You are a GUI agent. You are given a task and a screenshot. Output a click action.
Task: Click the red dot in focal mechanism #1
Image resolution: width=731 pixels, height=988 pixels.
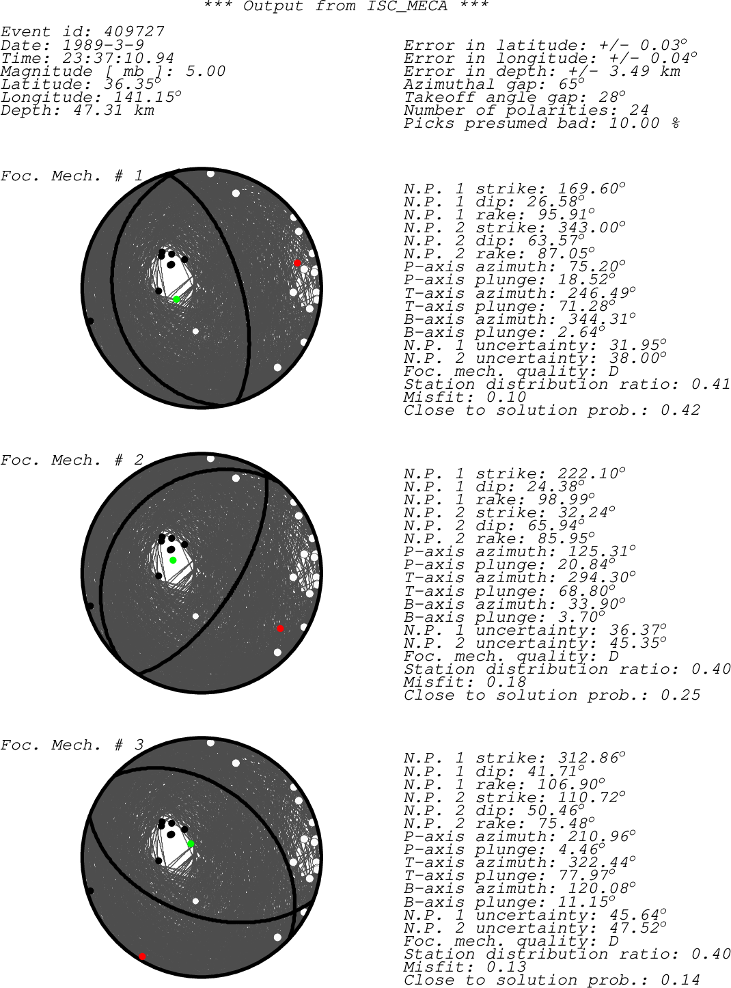298,263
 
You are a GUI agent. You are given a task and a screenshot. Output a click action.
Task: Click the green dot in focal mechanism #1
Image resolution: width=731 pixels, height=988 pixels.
176,299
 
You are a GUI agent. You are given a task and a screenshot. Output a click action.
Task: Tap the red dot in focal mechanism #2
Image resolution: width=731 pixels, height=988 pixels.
280,629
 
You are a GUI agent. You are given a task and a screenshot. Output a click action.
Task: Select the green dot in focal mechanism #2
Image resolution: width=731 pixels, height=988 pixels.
173,560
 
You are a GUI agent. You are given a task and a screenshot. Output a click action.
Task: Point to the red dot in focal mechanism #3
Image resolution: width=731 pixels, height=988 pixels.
142,957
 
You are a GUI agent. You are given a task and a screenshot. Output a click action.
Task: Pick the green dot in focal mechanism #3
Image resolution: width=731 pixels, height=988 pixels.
191,844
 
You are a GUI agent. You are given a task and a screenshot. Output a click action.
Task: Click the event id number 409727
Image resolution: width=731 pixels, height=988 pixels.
135,31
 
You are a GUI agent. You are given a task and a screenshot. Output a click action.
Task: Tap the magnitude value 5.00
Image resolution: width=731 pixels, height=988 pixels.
206,71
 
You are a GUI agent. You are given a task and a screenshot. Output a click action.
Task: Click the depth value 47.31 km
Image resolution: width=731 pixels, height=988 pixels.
113,110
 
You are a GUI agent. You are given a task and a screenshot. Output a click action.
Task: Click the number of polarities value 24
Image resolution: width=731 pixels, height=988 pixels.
638,110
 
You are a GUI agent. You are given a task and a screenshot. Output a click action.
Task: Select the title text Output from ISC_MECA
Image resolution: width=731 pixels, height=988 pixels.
345,6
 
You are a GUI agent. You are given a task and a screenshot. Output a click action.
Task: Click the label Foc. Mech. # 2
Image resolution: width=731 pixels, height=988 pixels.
72,460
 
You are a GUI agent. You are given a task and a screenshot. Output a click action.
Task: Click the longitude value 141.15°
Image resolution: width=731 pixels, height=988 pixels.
148,96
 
